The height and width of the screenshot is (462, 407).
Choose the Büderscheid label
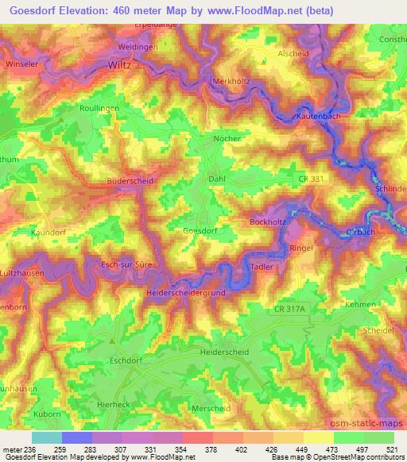pos(130,181)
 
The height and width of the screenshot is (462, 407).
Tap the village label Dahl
pos(217,179)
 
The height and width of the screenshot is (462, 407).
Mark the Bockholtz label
pos(268,221)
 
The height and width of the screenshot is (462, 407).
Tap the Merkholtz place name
pos(232,83)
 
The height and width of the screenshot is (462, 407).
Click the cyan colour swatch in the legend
pos(46,437)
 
